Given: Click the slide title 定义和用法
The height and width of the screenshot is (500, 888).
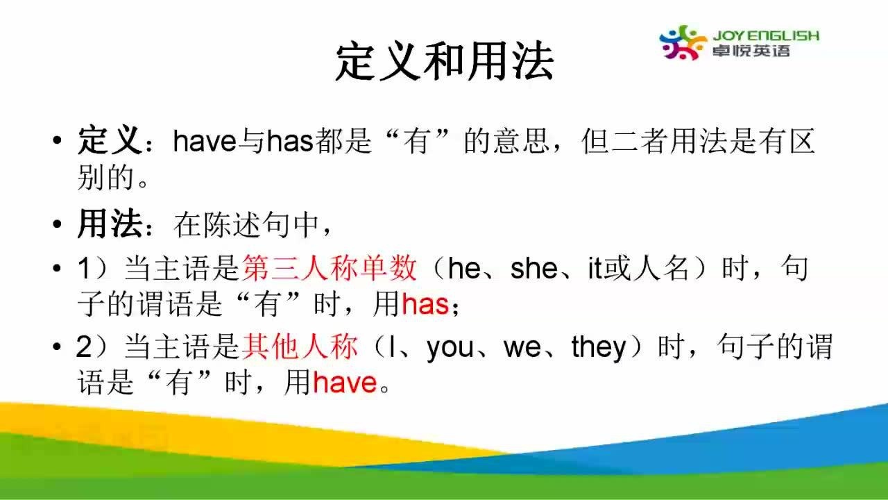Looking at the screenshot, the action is [x=444, y=62].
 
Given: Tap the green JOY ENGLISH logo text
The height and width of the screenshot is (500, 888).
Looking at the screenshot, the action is [x=766, y=35].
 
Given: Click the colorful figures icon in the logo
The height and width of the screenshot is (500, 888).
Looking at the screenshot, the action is [x=683, y=42].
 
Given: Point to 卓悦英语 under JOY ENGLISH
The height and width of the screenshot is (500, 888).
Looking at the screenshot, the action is [x=751, y=51].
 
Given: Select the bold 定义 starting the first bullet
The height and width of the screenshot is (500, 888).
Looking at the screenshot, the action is [x=110, y=140].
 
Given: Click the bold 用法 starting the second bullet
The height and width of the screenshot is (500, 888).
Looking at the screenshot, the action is [x=110, y=224].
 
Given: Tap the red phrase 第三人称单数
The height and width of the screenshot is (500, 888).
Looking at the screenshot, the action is [x=330, y=268].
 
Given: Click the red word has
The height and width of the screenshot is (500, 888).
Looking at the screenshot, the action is [x=425, y=304].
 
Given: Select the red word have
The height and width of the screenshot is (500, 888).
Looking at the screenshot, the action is [x=345, y=383].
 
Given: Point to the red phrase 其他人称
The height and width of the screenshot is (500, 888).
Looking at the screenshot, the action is [x=300, y=347].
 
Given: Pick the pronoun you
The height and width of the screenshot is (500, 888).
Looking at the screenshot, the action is [x=450, y=349].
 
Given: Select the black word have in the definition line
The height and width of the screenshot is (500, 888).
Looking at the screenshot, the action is [x=205, y=141].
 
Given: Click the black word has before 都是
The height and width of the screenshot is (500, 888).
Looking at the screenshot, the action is [x=290, y=141].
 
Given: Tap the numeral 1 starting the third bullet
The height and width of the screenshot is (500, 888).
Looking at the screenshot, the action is [x=85, y=269].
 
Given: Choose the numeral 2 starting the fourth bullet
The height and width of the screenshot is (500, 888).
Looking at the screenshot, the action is [x=85, y=347].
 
